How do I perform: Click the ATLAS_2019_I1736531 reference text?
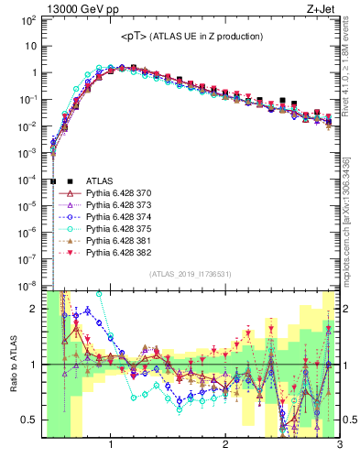pos(191,274)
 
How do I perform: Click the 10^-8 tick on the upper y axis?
pos(28,287)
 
